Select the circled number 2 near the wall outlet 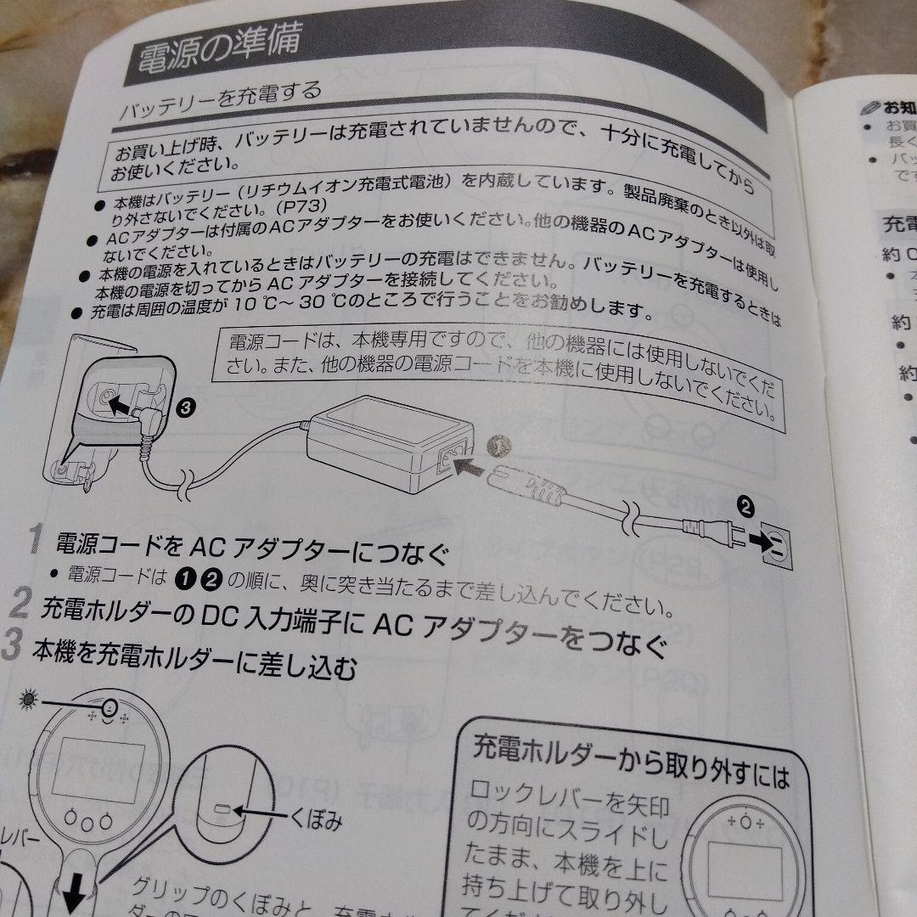pyautogui.click(x=745, y=508)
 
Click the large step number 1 pyautogui.click(x=35, y=537)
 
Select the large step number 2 pyautogui.click(x=20, y=605)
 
